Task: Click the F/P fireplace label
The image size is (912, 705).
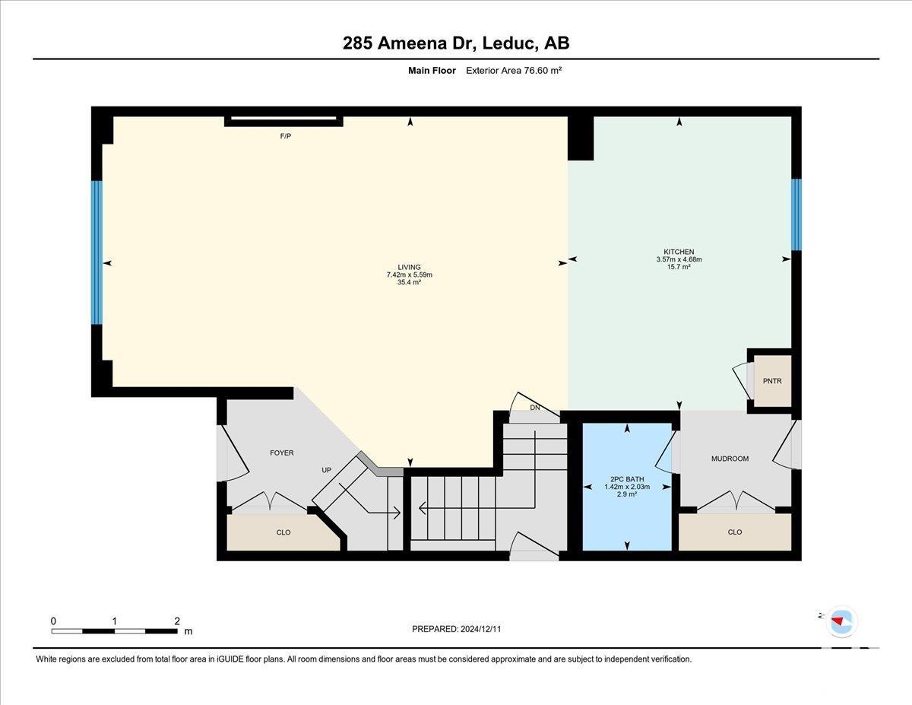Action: point(286,136)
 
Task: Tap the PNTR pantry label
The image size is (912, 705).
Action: point(772,381)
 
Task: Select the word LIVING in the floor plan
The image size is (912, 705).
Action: point(409,267)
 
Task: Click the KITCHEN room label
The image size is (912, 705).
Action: point(679,252)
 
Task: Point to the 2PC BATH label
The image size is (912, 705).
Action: point(627,479)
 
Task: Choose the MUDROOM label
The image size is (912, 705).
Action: point(730,459)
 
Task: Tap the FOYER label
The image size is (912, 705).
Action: point(282,453)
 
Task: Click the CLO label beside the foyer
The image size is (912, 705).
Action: point(283,532)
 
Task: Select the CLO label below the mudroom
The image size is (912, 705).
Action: point(735,532)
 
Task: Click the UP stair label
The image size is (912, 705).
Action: point(327,470)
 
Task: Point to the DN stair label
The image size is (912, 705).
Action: point(535,408)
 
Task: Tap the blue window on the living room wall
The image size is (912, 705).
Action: point(97,252)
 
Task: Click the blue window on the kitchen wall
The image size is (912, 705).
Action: point(796,214)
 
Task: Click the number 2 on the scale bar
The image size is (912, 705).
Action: point(177,621)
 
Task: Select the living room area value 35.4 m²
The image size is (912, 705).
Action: point(409,282)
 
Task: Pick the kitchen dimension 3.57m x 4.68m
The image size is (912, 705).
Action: point(679,259)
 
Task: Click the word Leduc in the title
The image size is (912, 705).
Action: point(508,43)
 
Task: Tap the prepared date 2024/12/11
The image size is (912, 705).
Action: point(480,629)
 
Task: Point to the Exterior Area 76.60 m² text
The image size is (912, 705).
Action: point(514,70)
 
